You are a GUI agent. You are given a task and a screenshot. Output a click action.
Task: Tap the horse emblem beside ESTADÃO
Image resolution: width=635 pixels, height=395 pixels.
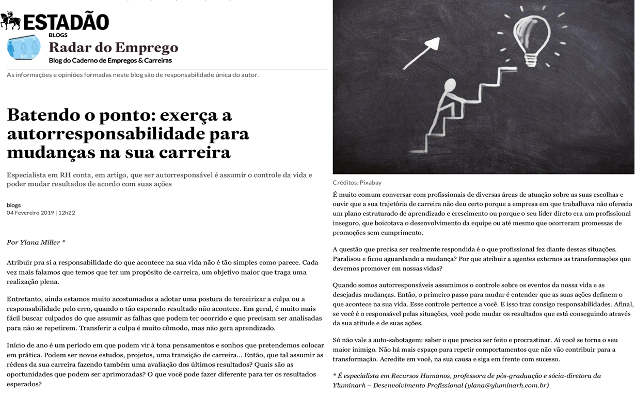pos(11,21)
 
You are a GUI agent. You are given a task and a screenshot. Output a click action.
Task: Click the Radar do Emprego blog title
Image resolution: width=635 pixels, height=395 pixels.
pos(113,48)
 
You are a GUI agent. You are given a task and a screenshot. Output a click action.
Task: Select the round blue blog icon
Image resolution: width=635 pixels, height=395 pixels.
pos(23,47)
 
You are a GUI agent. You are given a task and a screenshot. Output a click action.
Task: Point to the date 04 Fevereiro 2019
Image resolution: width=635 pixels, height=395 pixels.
pos(30,213)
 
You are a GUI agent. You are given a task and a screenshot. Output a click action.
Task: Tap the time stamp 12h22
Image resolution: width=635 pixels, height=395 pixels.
pos(66,213)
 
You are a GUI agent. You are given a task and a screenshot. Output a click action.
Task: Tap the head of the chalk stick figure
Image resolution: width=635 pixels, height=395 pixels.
pos(451,85)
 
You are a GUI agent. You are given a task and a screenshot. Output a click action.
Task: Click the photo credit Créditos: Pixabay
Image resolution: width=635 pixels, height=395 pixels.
pos(357,183)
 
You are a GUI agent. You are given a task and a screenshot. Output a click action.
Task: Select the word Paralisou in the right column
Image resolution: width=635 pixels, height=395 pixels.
pos(348,259)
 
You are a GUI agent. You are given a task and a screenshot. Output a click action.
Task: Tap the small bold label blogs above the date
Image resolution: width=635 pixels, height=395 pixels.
pos(14,205)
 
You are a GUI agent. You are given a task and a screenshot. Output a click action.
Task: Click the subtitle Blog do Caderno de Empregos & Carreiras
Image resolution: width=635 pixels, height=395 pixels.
pos(110,60)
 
